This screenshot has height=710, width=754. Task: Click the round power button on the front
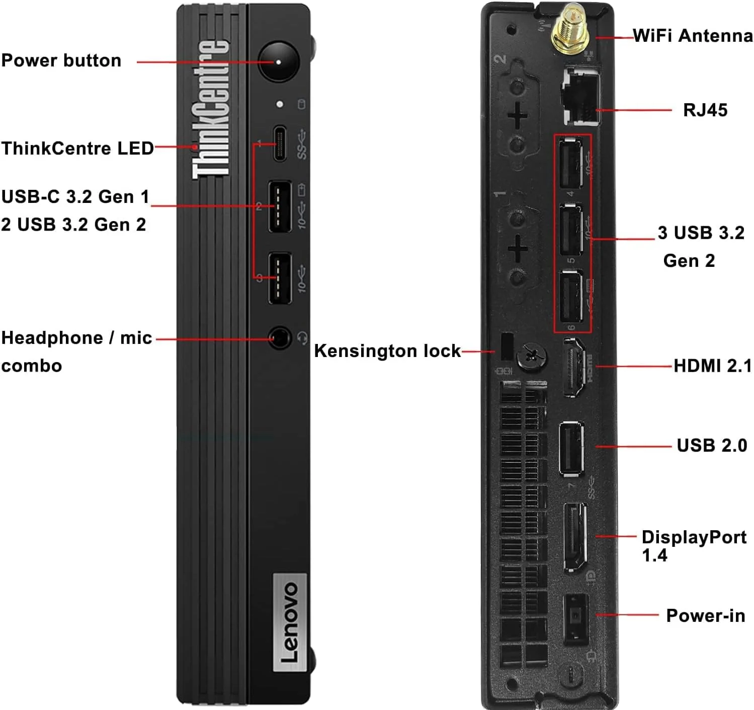[x=278, y=62]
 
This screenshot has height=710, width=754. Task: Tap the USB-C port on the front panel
[x=280, y=143]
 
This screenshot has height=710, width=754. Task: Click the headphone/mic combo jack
[x=280, y=338]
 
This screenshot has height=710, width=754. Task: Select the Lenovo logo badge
[x=290, y=622]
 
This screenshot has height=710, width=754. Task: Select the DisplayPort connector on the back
[x=574, y=537]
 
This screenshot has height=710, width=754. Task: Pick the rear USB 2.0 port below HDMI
[x=572, y=449]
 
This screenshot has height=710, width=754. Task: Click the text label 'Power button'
[x=61, y=60]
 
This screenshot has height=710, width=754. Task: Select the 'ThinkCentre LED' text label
[x=77, y=149]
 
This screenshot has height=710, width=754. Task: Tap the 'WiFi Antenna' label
[x=693, y=36]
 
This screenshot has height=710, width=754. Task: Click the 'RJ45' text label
[x=705, y=110]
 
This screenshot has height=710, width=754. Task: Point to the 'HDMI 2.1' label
[x=712, y=366]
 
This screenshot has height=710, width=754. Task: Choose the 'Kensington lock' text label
[x=387, y=351]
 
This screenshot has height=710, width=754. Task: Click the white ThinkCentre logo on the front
[x=210, y=109]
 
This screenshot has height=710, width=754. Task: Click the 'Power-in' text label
[x=705, y=616]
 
